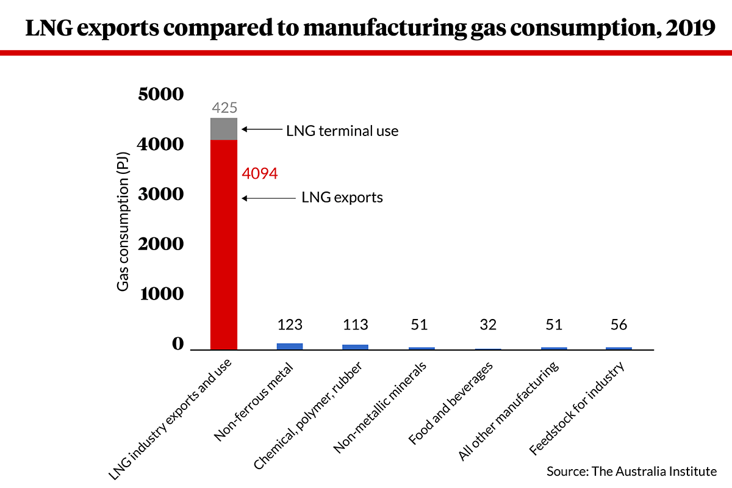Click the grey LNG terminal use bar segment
(224, 129)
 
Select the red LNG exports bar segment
(224, 244)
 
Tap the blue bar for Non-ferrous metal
(290, 346)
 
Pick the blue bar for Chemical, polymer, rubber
(355, 347)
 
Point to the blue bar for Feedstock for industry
(619, 348)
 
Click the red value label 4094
(260, 174)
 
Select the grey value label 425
(224, 109)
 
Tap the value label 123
(290, 324)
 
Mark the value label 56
(619, 324)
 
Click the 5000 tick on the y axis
(161, 95)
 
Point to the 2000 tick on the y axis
(161, 245)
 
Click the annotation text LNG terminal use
(342, 131)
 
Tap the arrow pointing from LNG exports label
(268, 198)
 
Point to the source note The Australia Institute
(631, 471)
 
